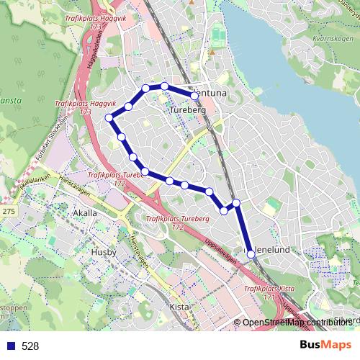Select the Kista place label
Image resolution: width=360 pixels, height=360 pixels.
coord(178,306)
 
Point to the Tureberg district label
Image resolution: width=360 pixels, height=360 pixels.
coord(188,110)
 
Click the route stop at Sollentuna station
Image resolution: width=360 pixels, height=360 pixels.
coord(194,94)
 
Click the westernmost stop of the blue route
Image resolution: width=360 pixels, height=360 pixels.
coord(109,117)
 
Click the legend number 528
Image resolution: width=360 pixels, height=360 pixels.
coord(30,346)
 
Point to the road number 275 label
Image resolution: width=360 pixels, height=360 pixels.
coord(9,211)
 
